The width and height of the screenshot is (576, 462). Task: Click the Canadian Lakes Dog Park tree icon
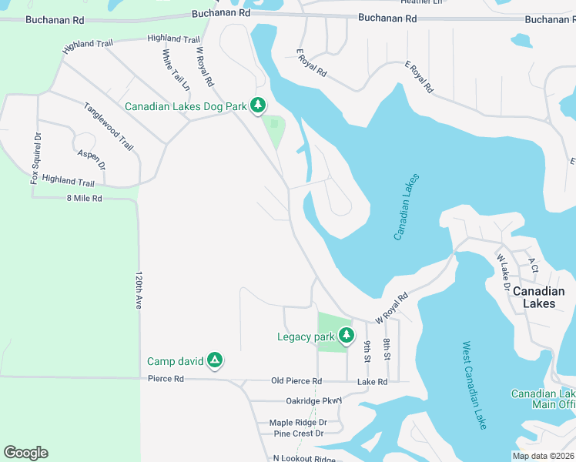(260, 105)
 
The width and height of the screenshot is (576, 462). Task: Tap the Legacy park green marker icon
(347, 335)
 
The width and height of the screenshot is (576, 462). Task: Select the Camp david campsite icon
(215, 360)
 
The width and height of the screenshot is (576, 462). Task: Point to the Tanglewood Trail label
(109, 126)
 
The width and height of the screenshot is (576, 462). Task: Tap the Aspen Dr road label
(91, 159)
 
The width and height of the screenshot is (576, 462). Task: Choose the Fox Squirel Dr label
(35, 158)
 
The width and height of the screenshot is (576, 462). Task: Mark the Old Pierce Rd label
(296, 381)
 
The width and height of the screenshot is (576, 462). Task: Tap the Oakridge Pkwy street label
(313, 400)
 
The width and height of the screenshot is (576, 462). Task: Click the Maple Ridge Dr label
(298, 422)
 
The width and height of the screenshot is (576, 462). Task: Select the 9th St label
(367, 351)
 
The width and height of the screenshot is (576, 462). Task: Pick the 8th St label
(387, 350)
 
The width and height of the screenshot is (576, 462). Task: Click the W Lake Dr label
(504, 272)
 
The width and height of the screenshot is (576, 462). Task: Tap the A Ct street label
(532, 266)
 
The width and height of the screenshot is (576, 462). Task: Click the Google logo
(25, 453)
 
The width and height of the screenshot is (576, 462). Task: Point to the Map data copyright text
(542, 456)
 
